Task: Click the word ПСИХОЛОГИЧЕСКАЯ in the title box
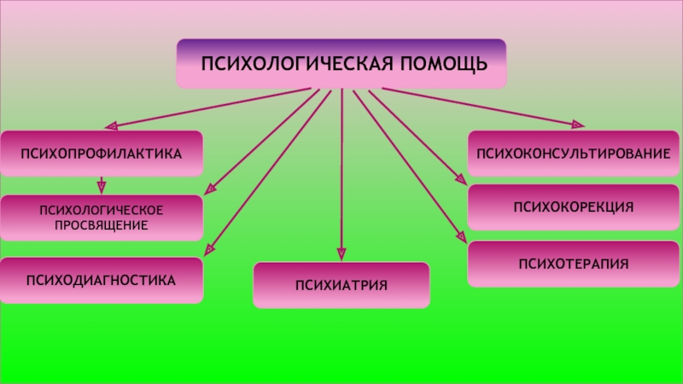(297, 63)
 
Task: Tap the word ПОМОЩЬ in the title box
(444, 63)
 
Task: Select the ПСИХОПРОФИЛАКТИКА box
(102, 154)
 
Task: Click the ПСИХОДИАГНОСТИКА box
(102, 280)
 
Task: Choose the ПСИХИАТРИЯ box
(341, 285)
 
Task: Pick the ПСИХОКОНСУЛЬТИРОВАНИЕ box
(573, 154)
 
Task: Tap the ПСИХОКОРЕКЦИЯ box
(573, 207)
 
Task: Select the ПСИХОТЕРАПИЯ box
(573, 264)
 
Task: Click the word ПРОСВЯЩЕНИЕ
(102, 225)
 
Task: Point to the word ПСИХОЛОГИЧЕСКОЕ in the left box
(102, 210)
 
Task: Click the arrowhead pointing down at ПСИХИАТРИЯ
(341, 254)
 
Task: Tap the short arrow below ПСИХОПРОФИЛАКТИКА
(102, 185)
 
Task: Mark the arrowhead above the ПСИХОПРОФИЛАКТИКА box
(112, 125)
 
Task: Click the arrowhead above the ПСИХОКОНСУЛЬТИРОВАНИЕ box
(578, 125)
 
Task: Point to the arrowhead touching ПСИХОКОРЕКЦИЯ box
(462, 179)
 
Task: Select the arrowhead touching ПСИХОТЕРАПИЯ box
(462, 237)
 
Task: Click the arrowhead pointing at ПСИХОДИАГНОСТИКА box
(209, 249)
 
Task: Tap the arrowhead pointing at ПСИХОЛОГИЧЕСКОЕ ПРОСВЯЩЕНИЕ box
(210, 189)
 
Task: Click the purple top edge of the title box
(341, 41)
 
